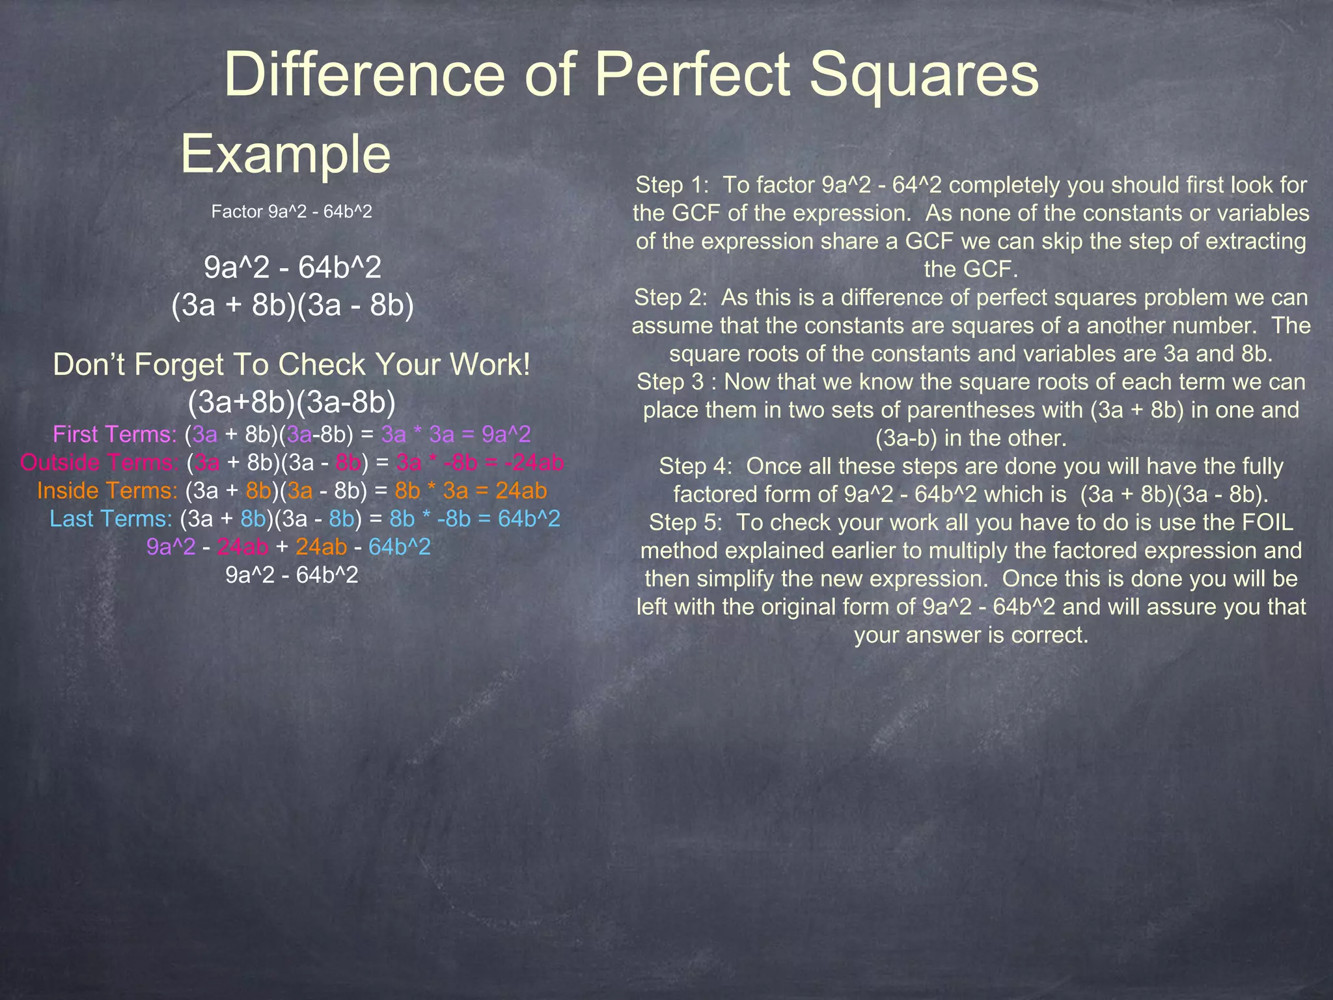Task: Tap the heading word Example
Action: coord(285,154)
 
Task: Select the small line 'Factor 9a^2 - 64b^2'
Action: coord(292,212)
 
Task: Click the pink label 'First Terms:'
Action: coord(115,434)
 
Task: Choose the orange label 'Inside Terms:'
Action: coord(107,490)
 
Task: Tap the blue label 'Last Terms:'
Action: coord(111,519)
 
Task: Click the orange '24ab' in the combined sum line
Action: coord(321,547)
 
